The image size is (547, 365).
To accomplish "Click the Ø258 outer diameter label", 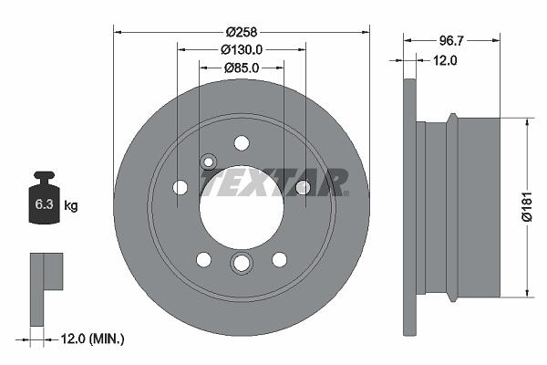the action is pyautogui.click(x=241, y=32).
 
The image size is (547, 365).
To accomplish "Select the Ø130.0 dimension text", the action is pyautogui.click(x=242, y=50).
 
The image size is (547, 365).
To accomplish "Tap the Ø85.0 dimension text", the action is pyautogui.click(x=242, y=68).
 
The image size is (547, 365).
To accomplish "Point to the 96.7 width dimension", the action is pyautogui.click(x=450, y=41).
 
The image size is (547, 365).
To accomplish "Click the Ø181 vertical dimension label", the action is pyautogui.click(x=527, y=206).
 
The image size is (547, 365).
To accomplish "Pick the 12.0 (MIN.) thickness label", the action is pyautogui.click(x=92, y=339).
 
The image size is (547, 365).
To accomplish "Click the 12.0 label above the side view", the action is pyautogui.click(x=445, y=61).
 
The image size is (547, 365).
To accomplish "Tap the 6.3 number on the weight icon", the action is pyautogui.click(x=44, y=204).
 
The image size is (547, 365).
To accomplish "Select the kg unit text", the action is pyautogui.click(x=71, y=205).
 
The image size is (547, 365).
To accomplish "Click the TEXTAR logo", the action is pyautogui.click(x=274, y=182).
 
